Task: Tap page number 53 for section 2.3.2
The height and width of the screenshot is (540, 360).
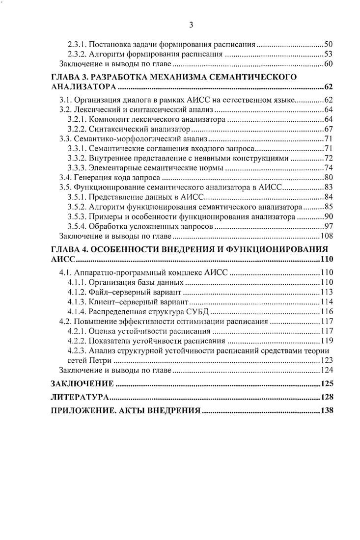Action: click(x=329, y=54)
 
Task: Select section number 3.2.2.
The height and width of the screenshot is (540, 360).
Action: click(x=77, y=130)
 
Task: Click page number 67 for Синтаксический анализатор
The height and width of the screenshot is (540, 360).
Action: click(x=329, y=130)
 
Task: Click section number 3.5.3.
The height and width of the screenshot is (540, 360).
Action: click(x=77, y=216)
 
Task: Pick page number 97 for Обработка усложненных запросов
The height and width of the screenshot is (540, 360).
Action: click(x=329, y=226)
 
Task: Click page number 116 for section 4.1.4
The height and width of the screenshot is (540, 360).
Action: click(x=327, y=312)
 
